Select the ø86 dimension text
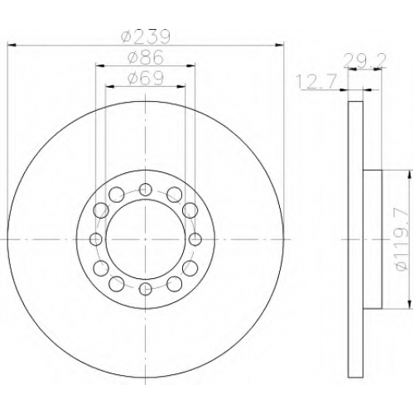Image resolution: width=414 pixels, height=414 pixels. pyautogui.click(x=146, y=57)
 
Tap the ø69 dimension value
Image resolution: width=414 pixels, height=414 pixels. pyautogui.click(x=146, y=79)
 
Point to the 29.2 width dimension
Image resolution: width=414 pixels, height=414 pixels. pyautogui.click(x=364, y=61)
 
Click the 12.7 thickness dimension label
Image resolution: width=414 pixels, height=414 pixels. pyautogui.click(x=316, y=82)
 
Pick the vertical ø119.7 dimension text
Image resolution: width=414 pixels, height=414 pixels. pyautogui.click(x=402, y=239)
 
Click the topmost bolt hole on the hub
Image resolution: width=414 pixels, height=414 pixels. pyautogui.click(x=145, y=190)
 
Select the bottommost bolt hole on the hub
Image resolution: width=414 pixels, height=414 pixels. pyautogui.click(x=145, y=289)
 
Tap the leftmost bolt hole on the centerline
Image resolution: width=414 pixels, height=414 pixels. pyautogui.click(x=95, y=239)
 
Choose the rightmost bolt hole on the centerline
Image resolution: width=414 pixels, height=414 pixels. pyautogui.click(x=195, y=239)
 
